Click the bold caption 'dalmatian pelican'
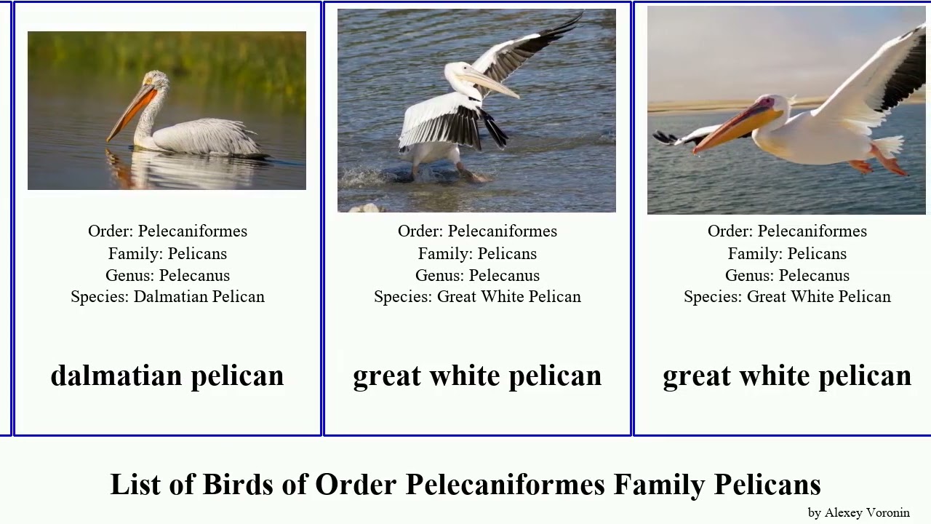pyautogui.click(x=167, y=376)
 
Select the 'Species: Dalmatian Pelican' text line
pyautogui.click(x=167, y=297)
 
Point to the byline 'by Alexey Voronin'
pyautogui.click(x=858, y=512)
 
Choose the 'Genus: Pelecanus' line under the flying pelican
pyautogui.click(x=787, y=275)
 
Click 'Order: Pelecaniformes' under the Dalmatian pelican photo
pyautogui.click(x=167, y=231)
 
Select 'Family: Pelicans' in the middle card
pyautogui.click(x=477, y=253)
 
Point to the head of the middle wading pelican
pyautogui.click(x=457, y=72)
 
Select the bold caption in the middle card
pyautogui.click(x=477, y=376)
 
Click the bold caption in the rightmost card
pyautogui.click(x=787, y=376)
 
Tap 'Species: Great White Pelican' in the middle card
pyautogui.click(x=477, y=297)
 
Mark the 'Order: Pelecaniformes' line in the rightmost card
pyautogui.click(x=787, y=231)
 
